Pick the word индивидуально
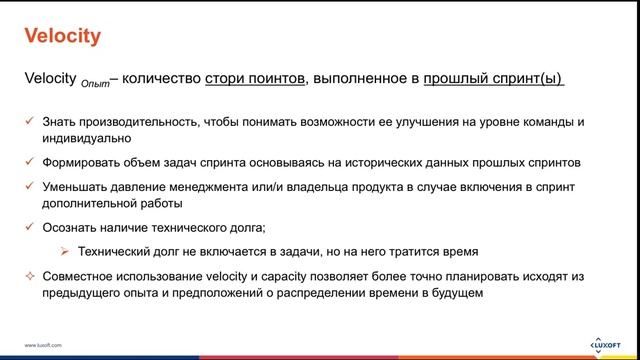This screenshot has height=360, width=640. [x=85, y=139]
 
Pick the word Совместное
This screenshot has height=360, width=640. [x=79, y=276]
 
